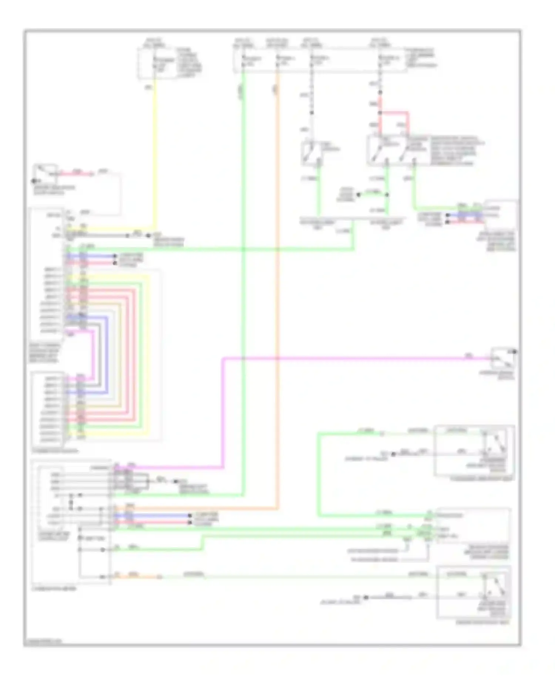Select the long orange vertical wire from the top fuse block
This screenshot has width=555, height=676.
(277, 296)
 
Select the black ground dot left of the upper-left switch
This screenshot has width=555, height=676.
(34, 181)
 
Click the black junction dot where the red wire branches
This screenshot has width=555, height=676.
(380, 112)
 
